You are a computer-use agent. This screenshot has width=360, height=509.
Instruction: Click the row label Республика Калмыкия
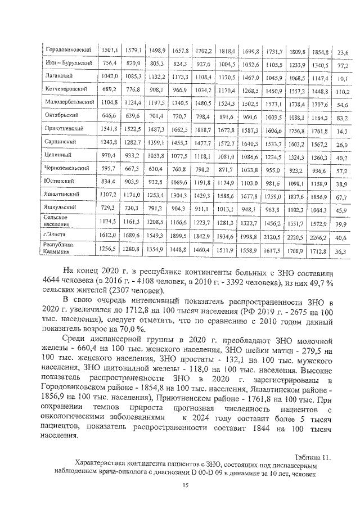click(59, 248)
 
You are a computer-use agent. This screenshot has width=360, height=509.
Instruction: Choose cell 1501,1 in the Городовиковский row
click(110, 50)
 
